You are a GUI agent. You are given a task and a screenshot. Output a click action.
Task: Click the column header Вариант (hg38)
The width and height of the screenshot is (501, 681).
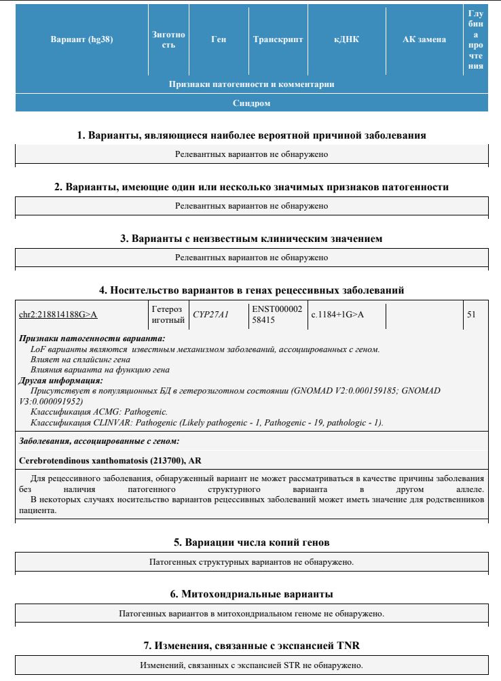tap(81, 39)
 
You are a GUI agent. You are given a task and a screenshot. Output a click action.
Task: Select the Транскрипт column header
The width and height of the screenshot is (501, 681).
tap(278, 39)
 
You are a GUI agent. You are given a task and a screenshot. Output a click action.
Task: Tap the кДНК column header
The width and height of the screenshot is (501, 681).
tap(346, 39)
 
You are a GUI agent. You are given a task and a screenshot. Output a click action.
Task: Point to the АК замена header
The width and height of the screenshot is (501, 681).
tap(424, 39)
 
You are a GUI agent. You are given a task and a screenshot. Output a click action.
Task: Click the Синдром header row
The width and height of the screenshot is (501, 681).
tap(251, 103)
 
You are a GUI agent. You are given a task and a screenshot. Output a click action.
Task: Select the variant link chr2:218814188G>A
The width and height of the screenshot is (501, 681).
tap(58, 315)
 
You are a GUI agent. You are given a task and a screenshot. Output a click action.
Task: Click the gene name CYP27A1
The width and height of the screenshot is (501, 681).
tap(211, 315)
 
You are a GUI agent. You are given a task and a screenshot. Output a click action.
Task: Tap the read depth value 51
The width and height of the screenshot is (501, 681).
tap(472, 315)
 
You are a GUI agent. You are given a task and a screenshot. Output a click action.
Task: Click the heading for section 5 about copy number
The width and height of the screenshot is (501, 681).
tap(251, 543)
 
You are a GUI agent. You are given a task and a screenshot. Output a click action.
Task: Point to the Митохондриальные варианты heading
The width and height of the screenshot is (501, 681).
tap(251, 595)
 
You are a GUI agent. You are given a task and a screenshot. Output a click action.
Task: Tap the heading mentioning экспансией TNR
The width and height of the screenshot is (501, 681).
tap(251, 645)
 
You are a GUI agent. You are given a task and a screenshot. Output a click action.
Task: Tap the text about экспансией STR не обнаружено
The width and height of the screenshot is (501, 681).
tap(251, 665)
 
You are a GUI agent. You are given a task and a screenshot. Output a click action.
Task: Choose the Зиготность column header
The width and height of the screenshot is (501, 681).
tap(169, 39)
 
